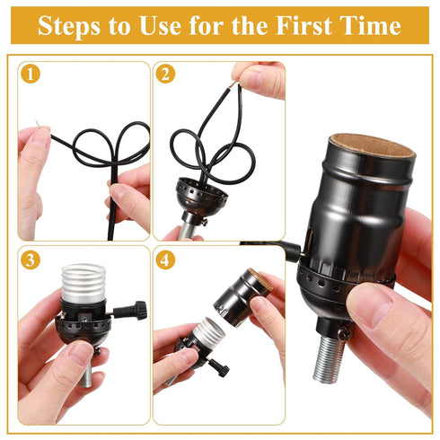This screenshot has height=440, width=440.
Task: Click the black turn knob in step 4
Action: pyautogui.click(x=218, y=367)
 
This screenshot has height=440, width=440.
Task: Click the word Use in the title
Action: pyautogui.click(x=174, y=26)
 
